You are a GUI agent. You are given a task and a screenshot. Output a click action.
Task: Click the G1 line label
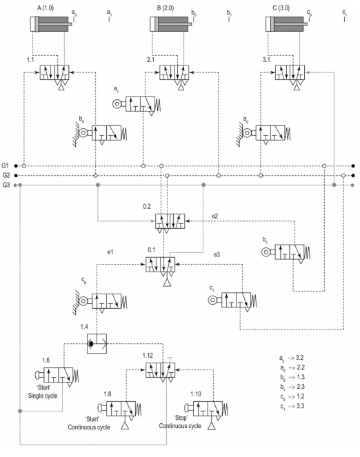click(x=6, y=166)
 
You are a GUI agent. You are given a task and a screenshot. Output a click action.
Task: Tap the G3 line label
click(x=6, y=185)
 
